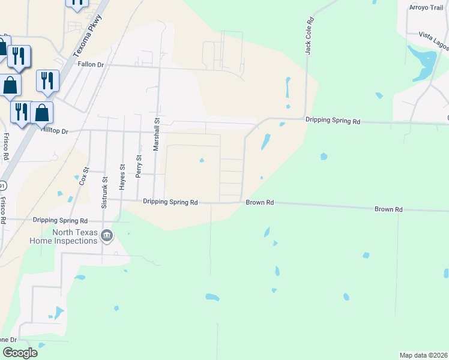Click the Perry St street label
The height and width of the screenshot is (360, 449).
139,166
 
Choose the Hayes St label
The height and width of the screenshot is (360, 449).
122,178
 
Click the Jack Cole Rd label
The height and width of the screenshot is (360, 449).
309,37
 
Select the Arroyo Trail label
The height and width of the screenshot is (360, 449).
425,7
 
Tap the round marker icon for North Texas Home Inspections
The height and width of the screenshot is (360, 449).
107,235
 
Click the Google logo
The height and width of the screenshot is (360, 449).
20,353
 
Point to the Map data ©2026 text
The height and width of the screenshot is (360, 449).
423,355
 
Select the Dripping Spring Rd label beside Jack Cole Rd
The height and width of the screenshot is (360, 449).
333,121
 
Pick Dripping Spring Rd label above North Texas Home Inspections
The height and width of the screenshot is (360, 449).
60,220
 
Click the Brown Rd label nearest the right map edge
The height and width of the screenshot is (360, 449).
388,209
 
